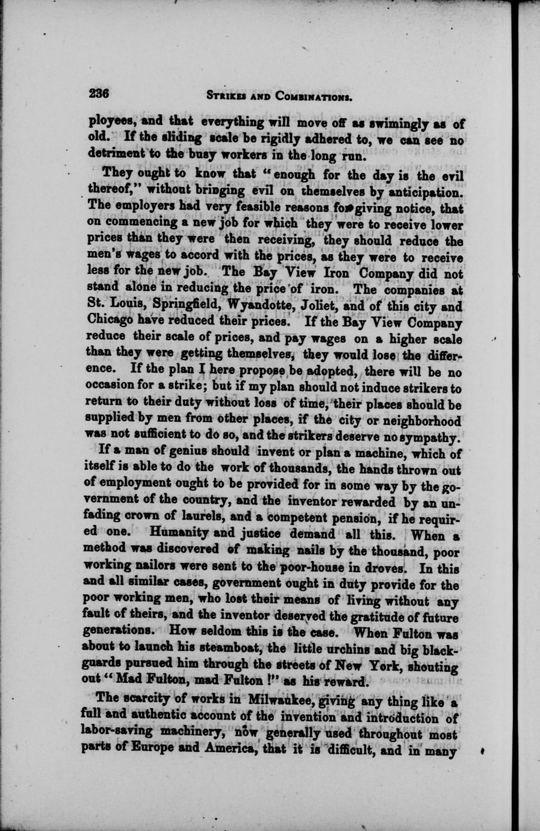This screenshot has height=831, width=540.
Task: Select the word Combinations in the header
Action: point(313,96)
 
